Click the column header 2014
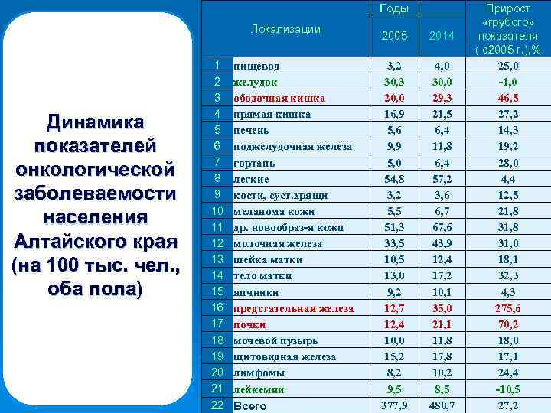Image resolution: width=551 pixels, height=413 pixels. point(442,35)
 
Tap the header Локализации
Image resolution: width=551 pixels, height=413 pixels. point(285,29)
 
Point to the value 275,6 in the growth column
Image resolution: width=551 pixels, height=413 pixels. point(508,308)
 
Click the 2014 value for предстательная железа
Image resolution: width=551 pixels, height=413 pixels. point(442,308)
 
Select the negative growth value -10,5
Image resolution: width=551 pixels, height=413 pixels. point(508,389)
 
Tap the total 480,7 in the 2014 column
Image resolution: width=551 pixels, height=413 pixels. point(442,405)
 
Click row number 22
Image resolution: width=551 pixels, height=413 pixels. point(217,405)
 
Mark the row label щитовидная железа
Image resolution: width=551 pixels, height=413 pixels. point(284,356)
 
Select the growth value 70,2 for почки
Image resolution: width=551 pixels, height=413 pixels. point(508,324)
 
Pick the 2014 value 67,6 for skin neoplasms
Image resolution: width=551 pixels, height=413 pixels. point(442,227)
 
